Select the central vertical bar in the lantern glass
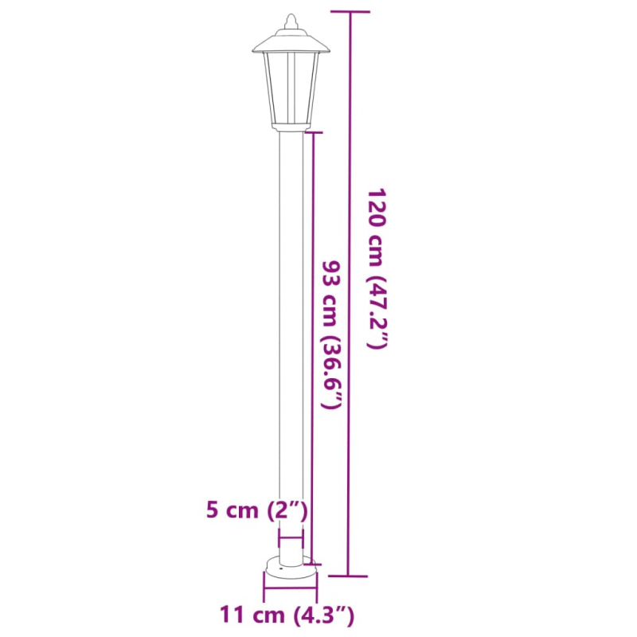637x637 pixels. (x=291, y=88)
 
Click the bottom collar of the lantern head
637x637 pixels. (x=291, y=127)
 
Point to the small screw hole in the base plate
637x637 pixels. (x=278, y=570)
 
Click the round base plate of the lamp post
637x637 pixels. (x=291, y=569)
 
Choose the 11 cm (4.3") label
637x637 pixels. (x=287, y=614)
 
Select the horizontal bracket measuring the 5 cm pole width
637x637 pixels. (x=291, y=539)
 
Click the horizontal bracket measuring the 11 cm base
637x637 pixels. (x=291, y=591)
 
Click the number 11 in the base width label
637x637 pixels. (x=232, y=614)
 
